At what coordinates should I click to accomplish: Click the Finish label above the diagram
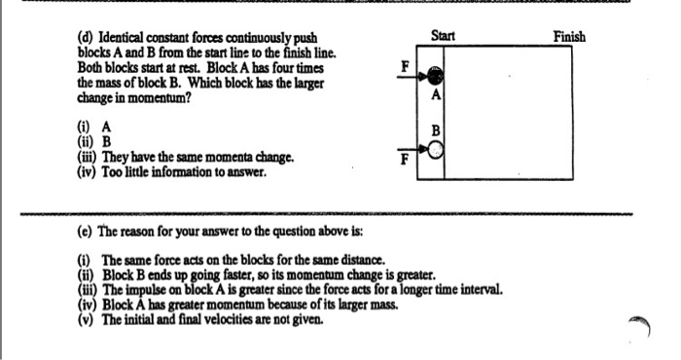569,36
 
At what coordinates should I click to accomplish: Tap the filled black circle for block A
437,76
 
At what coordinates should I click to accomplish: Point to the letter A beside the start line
437,95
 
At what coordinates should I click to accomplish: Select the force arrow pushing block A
422,76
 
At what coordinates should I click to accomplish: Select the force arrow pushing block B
421,149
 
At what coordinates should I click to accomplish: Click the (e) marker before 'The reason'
85,234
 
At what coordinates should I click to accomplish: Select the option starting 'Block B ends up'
268,274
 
